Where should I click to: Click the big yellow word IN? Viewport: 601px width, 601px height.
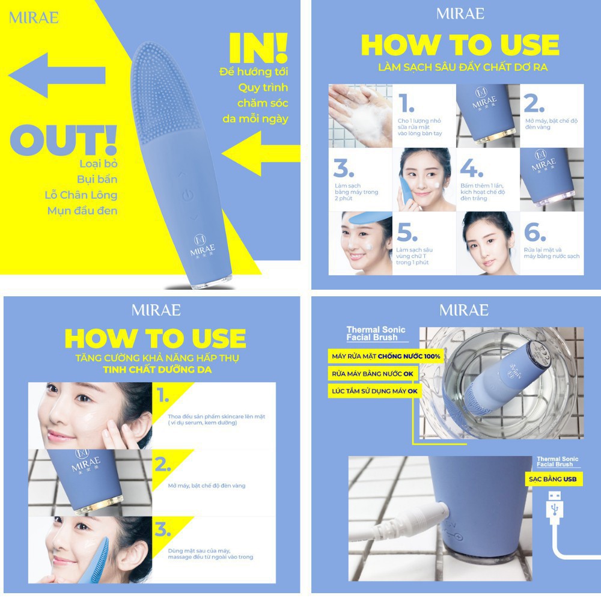258,48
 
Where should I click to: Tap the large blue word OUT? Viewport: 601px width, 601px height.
63,140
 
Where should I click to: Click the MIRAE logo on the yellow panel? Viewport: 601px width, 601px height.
34,17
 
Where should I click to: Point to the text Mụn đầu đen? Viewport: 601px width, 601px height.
82,210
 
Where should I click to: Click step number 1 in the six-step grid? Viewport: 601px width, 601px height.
407,103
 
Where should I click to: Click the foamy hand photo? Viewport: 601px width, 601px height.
359,116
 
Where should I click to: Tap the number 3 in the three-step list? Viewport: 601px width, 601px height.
163,530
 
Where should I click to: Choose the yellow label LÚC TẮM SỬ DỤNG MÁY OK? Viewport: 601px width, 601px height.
374,391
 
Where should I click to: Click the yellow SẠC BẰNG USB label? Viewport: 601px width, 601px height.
552,479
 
